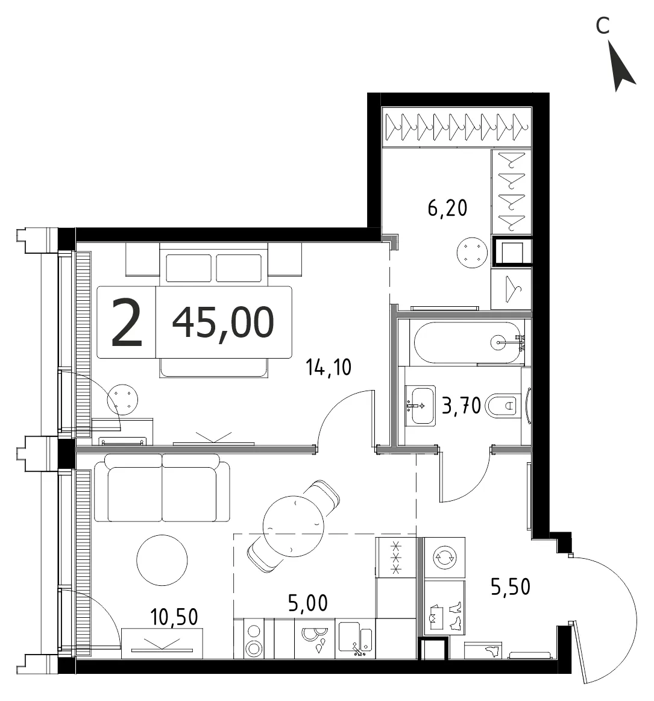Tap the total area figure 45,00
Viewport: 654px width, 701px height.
pos(223,322)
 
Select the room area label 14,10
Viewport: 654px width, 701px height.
pos(329,368)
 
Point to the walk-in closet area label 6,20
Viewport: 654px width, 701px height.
pos(447,209)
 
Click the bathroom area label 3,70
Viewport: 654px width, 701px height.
pos(461,406)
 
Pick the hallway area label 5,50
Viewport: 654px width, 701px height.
pos(511,586)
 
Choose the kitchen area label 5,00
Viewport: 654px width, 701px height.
pos(308,603)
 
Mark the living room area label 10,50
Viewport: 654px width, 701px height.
pos(174,617)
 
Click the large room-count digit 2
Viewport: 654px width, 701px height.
pos(127,322)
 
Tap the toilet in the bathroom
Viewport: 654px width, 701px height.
pos(502,406)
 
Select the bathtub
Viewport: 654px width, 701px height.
pos(467,343)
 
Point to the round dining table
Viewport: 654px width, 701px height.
pos(294,526)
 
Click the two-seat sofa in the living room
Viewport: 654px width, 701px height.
pos(162,488)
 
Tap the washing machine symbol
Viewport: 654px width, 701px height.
pos(445,557)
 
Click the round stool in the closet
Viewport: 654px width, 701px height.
pos(472,253)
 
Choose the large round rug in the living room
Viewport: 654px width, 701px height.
pos(162,560)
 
